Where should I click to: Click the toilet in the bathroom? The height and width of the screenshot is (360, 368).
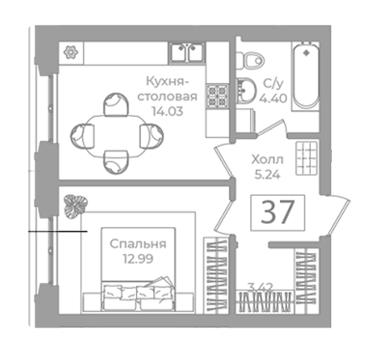pos(250,61)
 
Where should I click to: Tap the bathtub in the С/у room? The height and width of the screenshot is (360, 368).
pos(306,76)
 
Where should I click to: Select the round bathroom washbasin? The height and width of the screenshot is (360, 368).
pos(246,90)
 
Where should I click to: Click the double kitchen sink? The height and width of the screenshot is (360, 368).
pos(187,53)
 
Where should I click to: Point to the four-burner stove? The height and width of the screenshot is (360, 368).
pos(217,96)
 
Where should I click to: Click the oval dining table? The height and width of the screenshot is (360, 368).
pos(117,136)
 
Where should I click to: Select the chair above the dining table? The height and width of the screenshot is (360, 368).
pos(116,104)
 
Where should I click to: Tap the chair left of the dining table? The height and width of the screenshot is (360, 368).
pos(82,136)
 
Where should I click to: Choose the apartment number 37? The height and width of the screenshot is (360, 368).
pos(278,212)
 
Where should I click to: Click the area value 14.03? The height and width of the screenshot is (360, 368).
pos(167,111)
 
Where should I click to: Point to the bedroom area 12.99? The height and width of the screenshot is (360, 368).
pos(138,259)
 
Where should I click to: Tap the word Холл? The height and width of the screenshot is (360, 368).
pos(267,160)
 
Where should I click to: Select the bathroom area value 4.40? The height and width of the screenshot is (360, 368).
pos(273,98)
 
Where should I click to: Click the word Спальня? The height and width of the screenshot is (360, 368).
pos(138,244)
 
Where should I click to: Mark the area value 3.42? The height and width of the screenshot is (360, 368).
pos(260,287)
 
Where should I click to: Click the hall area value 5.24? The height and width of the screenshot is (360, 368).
pos(267,175)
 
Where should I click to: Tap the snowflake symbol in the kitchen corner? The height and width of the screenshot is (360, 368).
pos(70,53)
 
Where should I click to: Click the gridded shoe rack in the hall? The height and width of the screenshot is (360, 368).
pos(307,159)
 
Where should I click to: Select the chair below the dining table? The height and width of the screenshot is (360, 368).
pos(116,162)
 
